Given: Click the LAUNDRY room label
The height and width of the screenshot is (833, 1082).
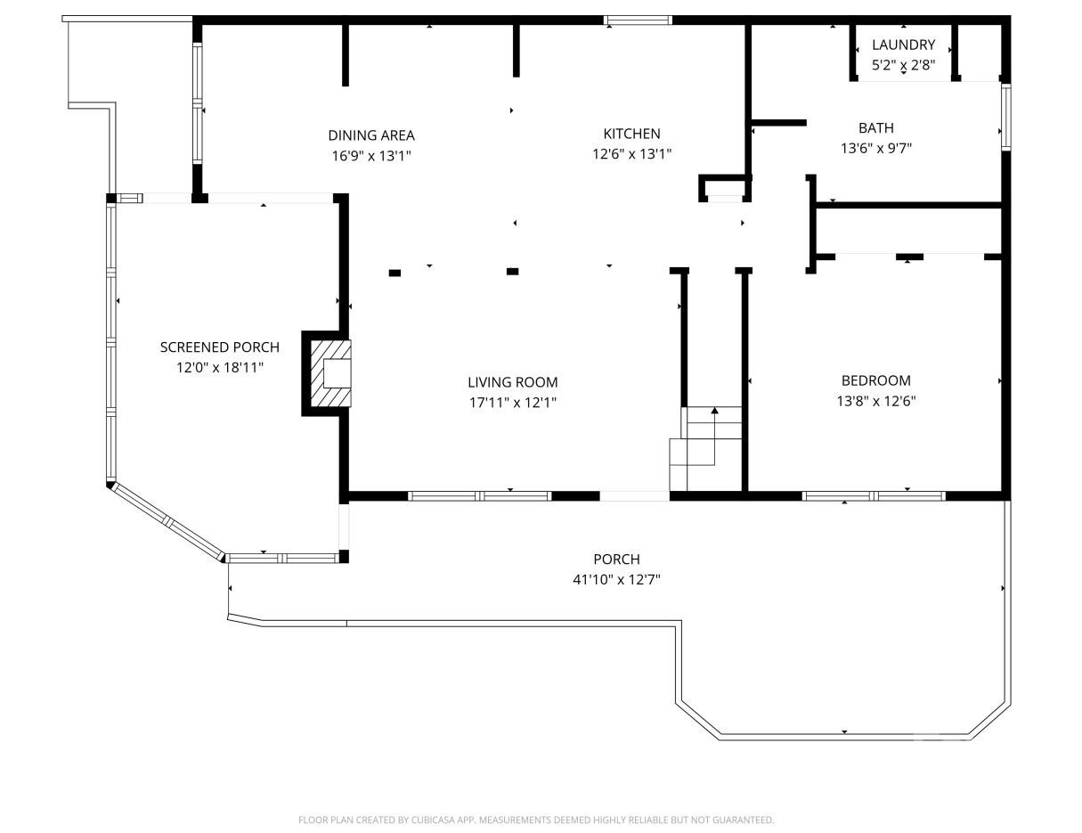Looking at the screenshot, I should pos(903,45).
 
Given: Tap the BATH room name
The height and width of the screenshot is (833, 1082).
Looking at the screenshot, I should pos(875,128).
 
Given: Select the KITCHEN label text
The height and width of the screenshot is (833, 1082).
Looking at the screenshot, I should pos(631,134).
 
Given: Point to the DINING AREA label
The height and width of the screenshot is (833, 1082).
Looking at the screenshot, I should pos(370,135).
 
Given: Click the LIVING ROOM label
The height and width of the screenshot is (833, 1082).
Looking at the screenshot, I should pos(512,382).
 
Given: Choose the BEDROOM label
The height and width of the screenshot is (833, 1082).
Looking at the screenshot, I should pos(875,380).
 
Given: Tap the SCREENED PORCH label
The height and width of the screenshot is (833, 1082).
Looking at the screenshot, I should pos(219,347).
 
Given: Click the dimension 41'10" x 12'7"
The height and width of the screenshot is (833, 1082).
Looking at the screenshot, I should pos(616,579).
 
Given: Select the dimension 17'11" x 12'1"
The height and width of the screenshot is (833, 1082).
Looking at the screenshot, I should pos(512,402).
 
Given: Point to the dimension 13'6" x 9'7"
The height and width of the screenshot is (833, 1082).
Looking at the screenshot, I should pos(875,149).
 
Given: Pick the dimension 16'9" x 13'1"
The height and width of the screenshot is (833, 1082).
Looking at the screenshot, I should pos(370,155).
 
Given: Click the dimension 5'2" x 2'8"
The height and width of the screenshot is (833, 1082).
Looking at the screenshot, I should pos(903,64).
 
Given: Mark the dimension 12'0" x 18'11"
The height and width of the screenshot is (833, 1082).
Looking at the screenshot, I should pos(219,367).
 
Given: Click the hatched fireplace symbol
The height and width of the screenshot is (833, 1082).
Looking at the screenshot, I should pos(328,372).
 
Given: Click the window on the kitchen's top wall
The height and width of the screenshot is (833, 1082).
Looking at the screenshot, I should pos(638,20).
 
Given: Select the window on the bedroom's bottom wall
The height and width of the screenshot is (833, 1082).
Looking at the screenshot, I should pos(873,496).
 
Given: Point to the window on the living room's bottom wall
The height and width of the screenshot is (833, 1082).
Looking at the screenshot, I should pos(479,496).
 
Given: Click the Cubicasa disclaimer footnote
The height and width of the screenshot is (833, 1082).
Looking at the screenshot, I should pos(536,820).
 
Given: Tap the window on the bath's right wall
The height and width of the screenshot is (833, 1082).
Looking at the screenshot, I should pos(1005,116).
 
